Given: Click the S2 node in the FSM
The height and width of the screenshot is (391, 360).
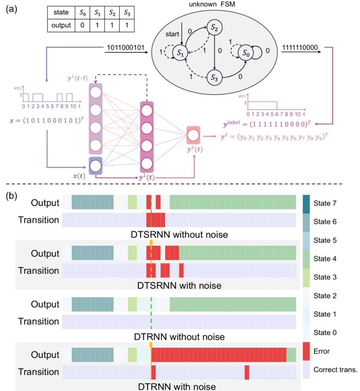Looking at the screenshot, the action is coord(214,27).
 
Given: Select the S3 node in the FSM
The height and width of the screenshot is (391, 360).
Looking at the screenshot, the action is coord(214,78).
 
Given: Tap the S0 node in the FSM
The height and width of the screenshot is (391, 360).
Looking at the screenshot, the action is coord(246,53).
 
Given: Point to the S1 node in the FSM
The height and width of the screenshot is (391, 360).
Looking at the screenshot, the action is coord(180,53).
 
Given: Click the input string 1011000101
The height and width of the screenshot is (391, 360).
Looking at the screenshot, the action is coord(126,47).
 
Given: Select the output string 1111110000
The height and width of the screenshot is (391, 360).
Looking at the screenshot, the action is coord(300,47).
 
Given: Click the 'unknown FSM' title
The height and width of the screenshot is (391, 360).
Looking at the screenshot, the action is coord(212,4).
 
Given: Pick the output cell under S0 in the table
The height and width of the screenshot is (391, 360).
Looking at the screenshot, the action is coord(82,26).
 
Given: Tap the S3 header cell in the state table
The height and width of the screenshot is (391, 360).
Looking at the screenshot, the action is coord(127,13).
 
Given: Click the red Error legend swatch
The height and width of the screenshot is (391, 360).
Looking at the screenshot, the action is coord(306,351).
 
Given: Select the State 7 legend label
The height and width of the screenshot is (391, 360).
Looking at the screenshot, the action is coord(325,203).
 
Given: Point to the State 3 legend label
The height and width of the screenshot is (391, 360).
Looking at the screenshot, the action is coord(325,277).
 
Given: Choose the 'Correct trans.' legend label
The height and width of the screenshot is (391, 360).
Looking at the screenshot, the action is coord(335,370).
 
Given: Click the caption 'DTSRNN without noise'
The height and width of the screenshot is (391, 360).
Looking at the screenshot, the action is coord(179,235).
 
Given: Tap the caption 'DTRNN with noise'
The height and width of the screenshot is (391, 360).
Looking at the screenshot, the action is coord(177,386).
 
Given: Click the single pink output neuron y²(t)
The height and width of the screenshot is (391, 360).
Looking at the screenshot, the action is coord(193,136).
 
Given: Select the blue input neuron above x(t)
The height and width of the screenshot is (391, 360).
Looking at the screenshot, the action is coord(96,166).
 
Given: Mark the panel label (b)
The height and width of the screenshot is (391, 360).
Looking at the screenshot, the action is coord(11,196).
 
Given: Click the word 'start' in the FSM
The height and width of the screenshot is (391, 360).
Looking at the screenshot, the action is coord(172,34).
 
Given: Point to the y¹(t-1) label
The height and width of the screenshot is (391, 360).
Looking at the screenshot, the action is coord(78,78).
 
